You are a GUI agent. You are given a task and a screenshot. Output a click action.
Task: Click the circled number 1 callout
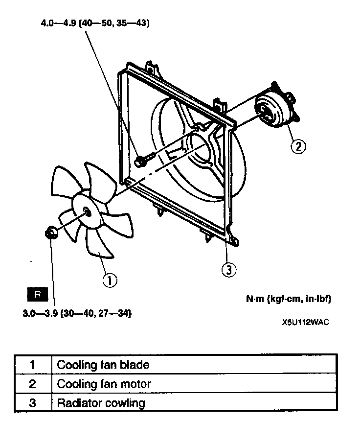[x=109, y=281]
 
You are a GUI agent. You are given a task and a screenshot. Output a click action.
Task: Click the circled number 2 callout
[x=298, y=145]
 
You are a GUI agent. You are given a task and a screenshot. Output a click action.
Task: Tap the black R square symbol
[x=38, y=294]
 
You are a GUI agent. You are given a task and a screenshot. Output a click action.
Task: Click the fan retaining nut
[x=50, y=233]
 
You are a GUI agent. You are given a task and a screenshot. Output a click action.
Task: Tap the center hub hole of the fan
[x=87, y=212]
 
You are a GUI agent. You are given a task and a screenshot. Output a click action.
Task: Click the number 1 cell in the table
[x=32, y=365]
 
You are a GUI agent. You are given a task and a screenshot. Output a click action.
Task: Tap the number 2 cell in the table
[x=32, y=384]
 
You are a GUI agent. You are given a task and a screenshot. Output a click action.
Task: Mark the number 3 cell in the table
[x=32, y=403]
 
